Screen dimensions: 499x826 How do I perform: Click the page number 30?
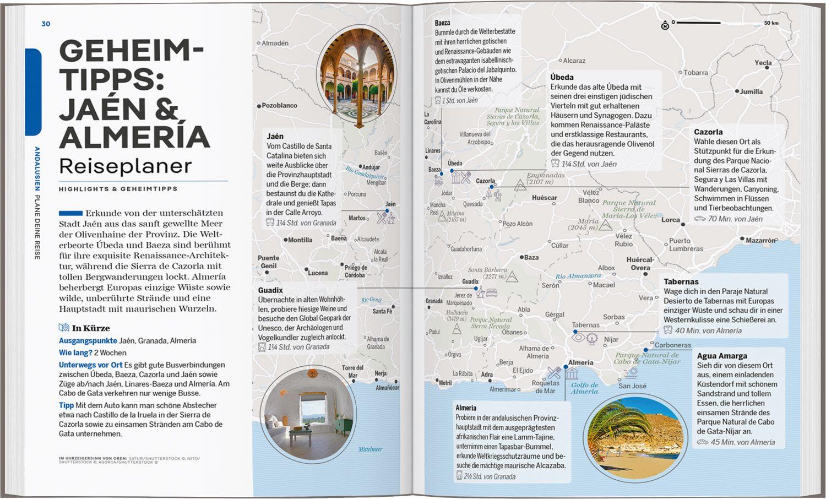pyautogui.click(x=46, y=24)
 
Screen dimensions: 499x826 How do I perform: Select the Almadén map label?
pyautogui.click(x=275, y=43)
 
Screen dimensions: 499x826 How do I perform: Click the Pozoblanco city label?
pyautogui.click(x=279, y=105)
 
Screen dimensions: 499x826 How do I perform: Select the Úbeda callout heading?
pyautogui.click(x=562, y=77)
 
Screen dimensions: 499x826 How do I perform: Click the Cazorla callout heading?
pyautogui.click(x=708, y=132)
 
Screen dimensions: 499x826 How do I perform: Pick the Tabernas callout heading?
pyautogui.click(x=681, y=281)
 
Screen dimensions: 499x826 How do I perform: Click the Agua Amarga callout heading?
pyautogui.click(x=722, y=356)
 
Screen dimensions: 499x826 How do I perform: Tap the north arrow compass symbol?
pyautogui.click(x=665, y=25)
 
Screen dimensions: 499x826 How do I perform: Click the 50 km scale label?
pyautogui.click(x=771, y=23)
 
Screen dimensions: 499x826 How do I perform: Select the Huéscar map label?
pyautogui.click(x=544, y=198)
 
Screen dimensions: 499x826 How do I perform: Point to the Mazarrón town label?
pyautogui.click(x=760, y=240)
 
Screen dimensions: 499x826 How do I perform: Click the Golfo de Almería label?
pyautogui.click(x=584, y=388)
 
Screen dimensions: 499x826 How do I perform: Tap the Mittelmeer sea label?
pyautogui.click(x=370, y=449)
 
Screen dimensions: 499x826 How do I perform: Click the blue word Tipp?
pyautogui.click(x=66, y=405)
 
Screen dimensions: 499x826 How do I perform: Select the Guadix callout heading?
pyautogui.click(x=270, y=290)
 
